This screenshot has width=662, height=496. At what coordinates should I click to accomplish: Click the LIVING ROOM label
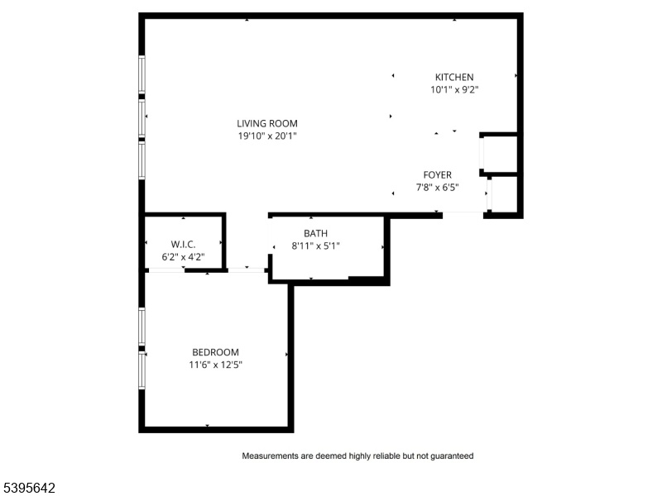tap(266, 123)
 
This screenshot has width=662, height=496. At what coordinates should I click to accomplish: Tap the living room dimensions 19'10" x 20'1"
tap(267, 136)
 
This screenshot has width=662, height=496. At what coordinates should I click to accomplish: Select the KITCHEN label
tap(454, 77)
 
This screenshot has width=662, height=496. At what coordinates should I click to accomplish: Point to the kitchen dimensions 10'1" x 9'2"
tap(454, 90)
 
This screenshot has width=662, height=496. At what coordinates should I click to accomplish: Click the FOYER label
tap(438, 175)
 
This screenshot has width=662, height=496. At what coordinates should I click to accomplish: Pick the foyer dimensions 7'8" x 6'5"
tap(438, 188)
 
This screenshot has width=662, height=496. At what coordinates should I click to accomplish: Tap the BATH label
tap(316, 233)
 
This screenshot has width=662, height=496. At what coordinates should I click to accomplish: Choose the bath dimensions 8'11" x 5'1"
tap(316, 246)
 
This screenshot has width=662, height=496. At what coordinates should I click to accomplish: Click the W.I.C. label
tap(183, 244)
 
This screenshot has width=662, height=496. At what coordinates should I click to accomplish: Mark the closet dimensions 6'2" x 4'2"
tap(183, 257)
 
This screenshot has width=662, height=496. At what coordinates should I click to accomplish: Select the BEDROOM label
tap(215, 352)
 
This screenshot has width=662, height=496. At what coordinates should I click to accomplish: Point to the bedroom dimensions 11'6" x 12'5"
tap(215, 365)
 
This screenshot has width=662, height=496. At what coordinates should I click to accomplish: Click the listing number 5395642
tap(28, 488)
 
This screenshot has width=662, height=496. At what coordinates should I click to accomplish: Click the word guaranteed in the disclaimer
tap(452, 456)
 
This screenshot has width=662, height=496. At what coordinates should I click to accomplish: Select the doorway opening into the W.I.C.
tap(167, 270)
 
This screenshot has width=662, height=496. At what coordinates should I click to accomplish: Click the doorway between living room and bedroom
tap(247, 270)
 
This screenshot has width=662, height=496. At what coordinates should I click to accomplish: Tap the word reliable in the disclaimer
tap(386, 456)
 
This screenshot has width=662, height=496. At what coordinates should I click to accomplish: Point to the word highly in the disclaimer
tap(359, 456)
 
